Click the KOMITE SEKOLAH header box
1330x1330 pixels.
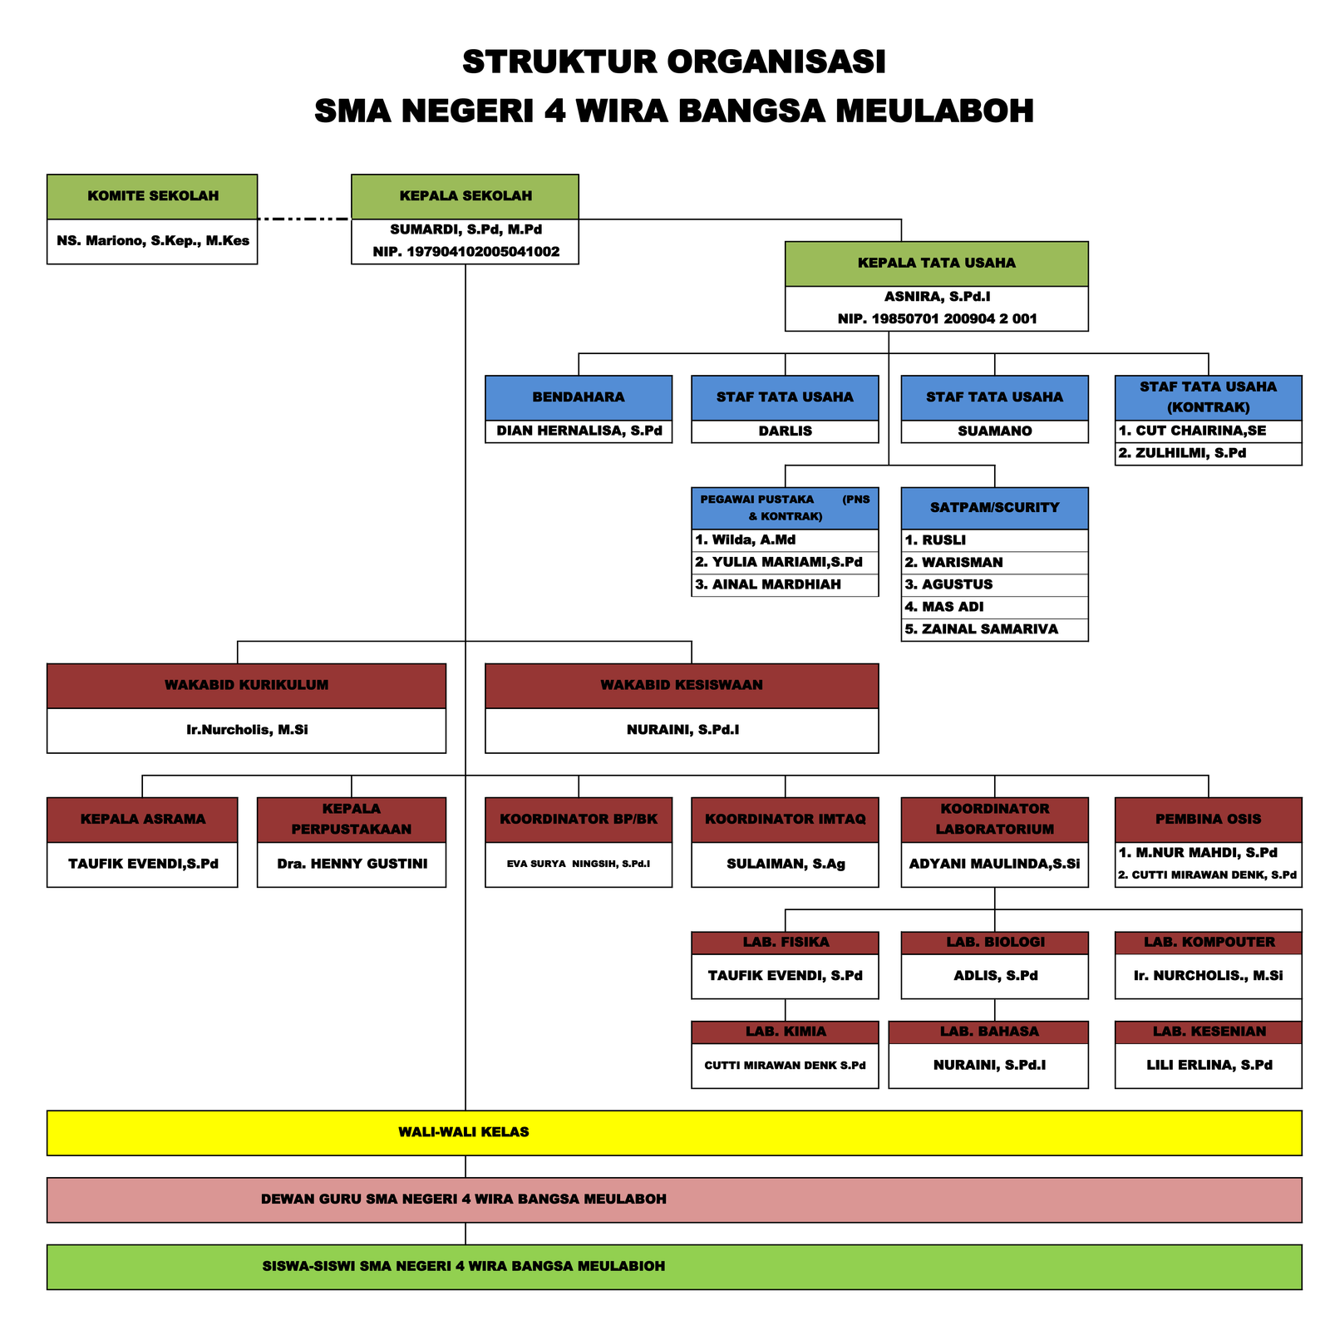coord(152,196)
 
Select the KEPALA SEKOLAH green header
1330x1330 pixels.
coord(465,196)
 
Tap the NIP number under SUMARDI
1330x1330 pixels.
coord(465,252)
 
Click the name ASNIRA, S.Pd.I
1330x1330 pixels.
coord(937,297)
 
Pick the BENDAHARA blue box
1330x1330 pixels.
coord(579,397)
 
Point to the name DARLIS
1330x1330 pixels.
coord(785,431)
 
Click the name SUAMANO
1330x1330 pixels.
coord(994,431)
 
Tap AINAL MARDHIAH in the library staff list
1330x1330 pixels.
coord(768,585)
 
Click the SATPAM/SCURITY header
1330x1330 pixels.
coord(994,508)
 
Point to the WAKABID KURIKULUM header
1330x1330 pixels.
coord(246,686)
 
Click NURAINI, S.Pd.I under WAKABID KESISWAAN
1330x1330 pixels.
coord(682,731)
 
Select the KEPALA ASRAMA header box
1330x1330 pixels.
coord(142,820)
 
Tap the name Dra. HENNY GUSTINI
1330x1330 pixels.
coord(352,864)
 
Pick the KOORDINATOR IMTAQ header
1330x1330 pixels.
coord(785,820)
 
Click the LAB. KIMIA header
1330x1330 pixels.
coord(785,1032)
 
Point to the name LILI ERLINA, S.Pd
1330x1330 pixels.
coord(1208,1066)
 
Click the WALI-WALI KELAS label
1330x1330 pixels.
coord(464,1133)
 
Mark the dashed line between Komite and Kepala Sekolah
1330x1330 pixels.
coord(304,219)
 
